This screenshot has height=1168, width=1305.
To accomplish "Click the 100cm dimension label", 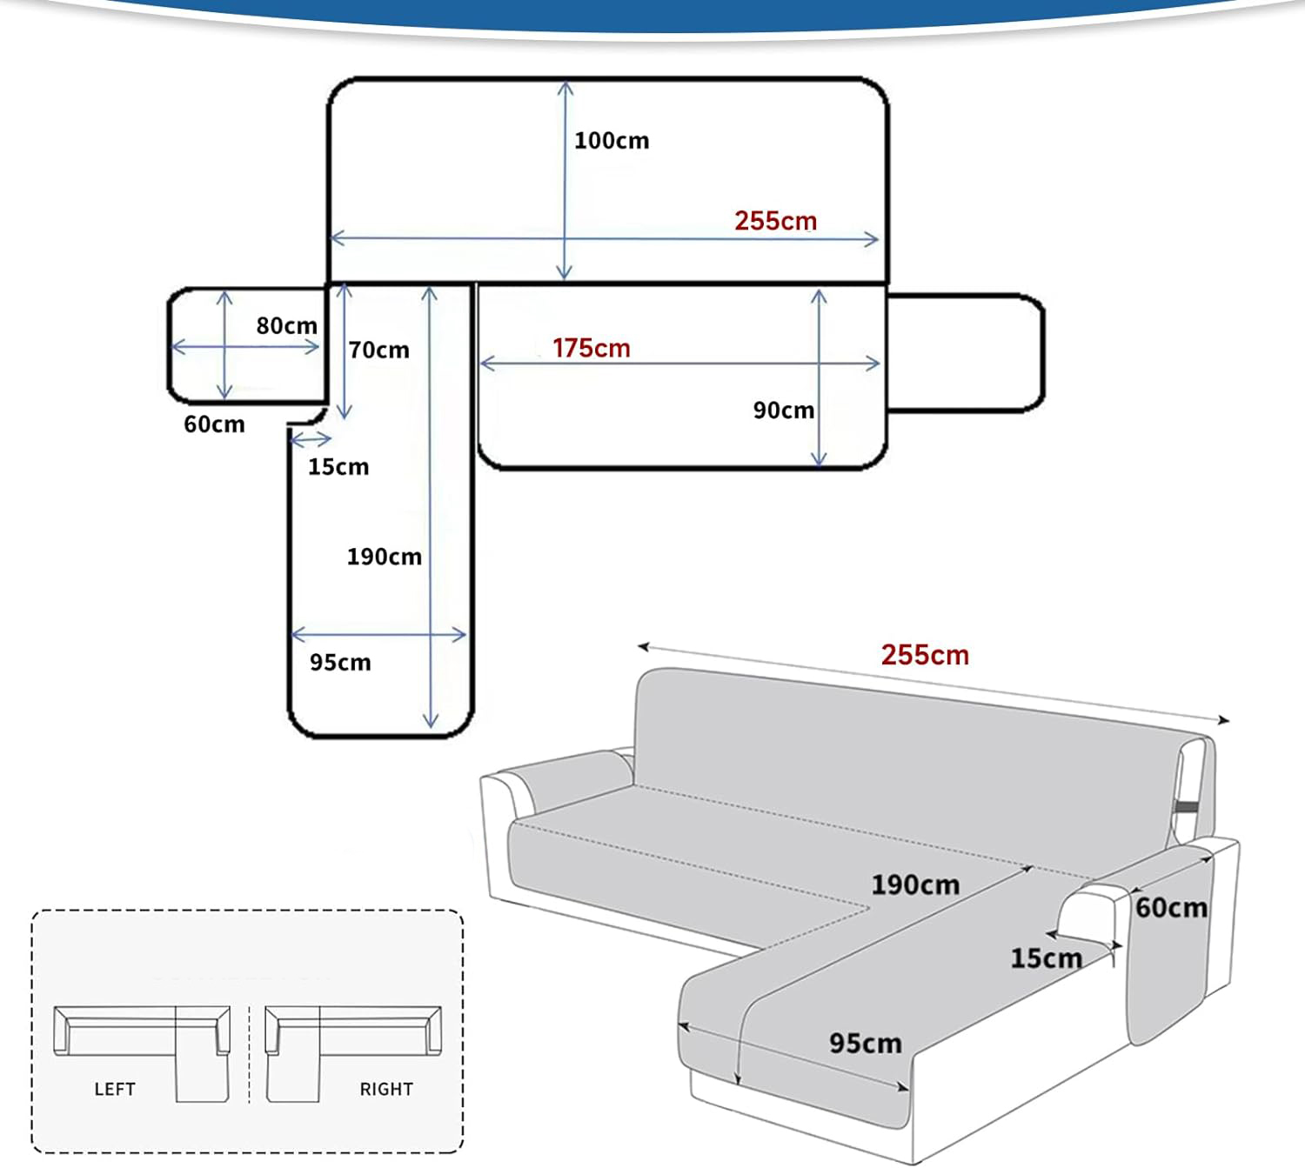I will pos(611,141).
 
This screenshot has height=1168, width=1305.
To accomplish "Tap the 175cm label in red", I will pos(591,348).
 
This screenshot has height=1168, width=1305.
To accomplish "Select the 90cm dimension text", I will pos(783,410).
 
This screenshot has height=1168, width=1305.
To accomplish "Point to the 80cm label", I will pos(286,326).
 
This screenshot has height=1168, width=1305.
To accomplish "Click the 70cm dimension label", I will pos(378,350).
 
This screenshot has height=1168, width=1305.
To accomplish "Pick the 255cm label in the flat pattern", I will pos(775,221).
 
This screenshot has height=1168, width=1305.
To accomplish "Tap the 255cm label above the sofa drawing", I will pos(924,655).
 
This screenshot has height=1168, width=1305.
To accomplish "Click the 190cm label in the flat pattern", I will pos(384,557).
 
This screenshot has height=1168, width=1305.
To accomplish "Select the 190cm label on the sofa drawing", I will pos(915,885).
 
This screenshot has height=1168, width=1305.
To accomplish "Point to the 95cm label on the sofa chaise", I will pos(865,1043).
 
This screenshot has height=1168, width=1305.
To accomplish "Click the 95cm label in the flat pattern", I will pos(340,663).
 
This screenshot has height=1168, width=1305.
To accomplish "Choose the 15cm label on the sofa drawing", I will pos(1046,958).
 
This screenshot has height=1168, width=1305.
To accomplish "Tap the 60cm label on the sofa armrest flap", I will pos(1171,908).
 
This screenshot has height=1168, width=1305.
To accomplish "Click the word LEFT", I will pos(115,1089).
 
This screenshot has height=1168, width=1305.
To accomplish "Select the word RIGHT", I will pos(386,1089).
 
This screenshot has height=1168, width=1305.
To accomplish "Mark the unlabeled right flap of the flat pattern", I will pos(964,352).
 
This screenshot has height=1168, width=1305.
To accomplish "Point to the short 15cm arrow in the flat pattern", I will pos(311,439).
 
